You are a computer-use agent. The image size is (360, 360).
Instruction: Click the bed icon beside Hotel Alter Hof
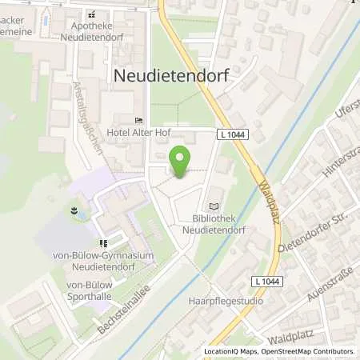click(138, 120)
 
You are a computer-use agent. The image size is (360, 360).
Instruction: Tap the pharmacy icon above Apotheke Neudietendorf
click(92, 14)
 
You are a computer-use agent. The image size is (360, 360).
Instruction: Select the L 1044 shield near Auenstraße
click(268, 282)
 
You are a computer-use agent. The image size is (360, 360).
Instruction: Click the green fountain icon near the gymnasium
click(74, 212)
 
